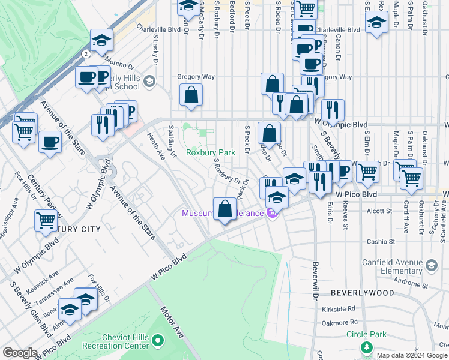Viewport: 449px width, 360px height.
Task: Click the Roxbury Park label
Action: coord(209,152)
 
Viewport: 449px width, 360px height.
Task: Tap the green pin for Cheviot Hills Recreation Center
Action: coord(158,341)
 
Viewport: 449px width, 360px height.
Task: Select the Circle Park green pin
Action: coord(366,347)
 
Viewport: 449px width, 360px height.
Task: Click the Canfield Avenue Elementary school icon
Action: coord(431,265)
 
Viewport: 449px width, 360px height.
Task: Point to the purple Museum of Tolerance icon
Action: coord(271,213)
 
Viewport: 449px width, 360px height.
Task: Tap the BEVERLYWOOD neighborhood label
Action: coord(363,293)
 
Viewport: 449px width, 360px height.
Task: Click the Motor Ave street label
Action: coord(170,322)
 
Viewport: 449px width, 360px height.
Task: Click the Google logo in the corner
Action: coord(20,353)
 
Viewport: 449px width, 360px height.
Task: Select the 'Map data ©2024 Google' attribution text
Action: coord(411,355)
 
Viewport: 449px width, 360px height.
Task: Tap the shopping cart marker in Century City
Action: coord(46,221)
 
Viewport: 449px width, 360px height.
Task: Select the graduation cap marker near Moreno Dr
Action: coord(101,40)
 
